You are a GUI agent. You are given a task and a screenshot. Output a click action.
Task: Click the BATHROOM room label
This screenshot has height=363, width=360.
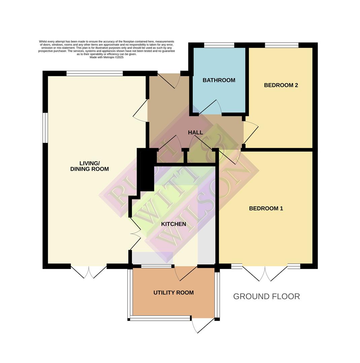coord(219,80)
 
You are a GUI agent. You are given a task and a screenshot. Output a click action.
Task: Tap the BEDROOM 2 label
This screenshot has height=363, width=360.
coord(281,85)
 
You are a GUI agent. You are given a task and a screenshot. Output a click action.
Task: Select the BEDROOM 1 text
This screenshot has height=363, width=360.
coord(266,208)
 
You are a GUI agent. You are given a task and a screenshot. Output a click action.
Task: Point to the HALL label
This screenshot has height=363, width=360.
coord(195,133)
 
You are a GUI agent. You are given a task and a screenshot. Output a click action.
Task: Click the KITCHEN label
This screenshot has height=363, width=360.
coord(174,224)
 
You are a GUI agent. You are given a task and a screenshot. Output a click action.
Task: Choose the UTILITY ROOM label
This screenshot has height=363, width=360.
coord(174,293)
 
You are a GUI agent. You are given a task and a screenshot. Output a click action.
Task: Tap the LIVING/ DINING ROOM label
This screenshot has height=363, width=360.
coord(89,166)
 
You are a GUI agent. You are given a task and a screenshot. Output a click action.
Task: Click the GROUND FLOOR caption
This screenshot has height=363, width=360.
coord(266,296)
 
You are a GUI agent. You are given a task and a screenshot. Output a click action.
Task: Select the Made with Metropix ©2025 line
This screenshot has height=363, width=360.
coord(106,57)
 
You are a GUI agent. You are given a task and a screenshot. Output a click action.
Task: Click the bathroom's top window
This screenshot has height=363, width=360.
coord(219,45)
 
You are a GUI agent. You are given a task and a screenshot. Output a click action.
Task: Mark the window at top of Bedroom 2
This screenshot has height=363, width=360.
coord(282,45)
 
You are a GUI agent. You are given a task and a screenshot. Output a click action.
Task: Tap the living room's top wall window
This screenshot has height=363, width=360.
coord(95,74)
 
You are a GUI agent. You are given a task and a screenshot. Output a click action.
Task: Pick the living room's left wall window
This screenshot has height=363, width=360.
coord(45,128)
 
